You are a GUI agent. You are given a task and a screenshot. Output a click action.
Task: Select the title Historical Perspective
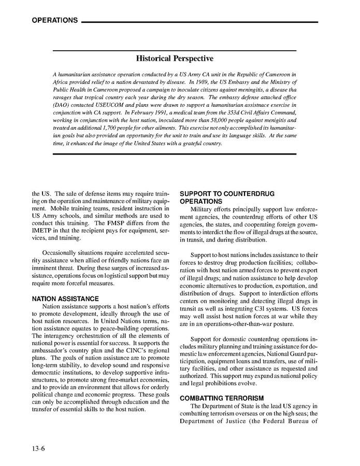[175, 60]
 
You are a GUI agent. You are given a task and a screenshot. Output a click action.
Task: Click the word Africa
[61, 82]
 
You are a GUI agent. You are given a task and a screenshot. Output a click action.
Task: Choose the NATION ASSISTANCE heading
[65, 299]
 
